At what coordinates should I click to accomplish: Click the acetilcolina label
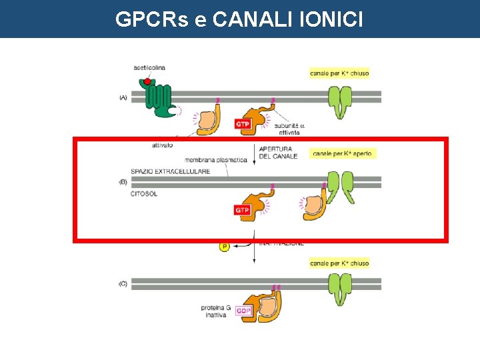pos(149,67)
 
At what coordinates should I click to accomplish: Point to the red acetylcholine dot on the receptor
pos(147,82)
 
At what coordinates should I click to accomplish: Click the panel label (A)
pos(123,97)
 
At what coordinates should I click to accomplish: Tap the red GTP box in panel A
pos(243,124)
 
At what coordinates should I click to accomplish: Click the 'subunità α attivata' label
pos(289,129)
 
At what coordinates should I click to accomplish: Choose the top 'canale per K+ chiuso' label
pos(339,73)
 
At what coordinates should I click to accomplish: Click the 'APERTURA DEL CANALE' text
pos(278,152)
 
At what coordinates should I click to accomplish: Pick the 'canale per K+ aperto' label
pos(343,154)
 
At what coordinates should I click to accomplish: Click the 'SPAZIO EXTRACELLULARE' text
pos(171,171)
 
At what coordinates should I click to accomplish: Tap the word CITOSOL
pos(145,194)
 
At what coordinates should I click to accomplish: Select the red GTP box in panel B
pos(243,210)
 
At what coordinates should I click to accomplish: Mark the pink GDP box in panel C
pos(243,311)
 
